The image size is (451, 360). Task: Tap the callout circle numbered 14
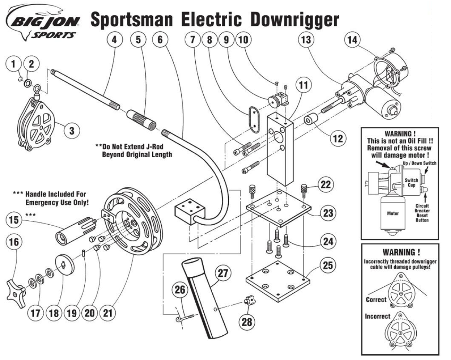point(352,40)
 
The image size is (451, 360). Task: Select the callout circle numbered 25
point(328,266)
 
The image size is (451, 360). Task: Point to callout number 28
point(247,321)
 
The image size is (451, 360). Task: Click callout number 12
point(338,138)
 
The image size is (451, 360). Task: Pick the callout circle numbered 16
point(14,242)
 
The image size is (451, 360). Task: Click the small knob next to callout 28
point(248,301)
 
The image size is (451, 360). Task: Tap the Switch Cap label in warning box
point(411,183)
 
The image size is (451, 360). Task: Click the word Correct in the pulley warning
point(376,300)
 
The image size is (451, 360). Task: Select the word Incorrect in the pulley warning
point(377,316)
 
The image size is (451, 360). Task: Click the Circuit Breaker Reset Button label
point(422,213)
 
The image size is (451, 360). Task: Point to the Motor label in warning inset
point(393,214)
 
